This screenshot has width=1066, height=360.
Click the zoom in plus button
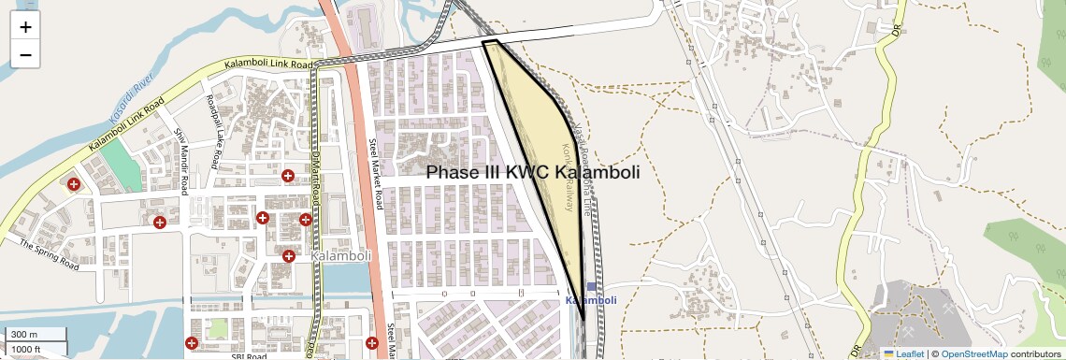click(25, 27)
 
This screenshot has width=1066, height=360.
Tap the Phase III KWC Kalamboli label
click(533, 173)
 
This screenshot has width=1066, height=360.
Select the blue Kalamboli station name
click(591, 300)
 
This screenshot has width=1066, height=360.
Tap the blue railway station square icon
click(591, 287)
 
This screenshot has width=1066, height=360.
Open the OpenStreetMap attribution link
click(973, 353)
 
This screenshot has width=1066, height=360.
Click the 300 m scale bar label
click(25, 335)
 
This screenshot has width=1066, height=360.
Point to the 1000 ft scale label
click(27, 349)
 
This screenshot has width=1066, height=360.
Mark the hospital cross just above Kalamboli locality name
click(289, 255)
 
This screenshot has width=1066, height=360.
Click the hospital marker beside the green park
click(73, 183)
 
